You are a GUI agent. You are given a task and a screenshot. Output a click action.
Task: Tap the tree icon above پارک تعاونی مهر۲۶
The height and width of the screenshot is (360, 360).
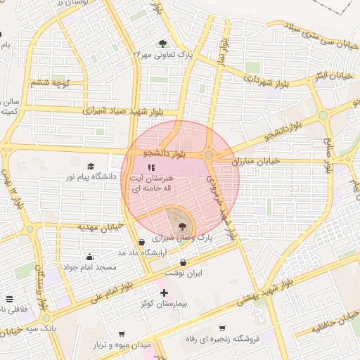(x=164, y=42)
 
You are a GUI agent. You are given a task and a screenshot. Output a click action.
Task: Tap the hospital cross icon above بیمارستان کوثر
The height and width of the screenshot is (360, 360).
(x=164, y=292)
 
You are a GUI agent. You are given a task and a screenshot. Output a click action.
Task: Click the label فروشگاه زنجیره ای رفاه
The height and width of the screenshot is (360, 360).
(x=229, y=338)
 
